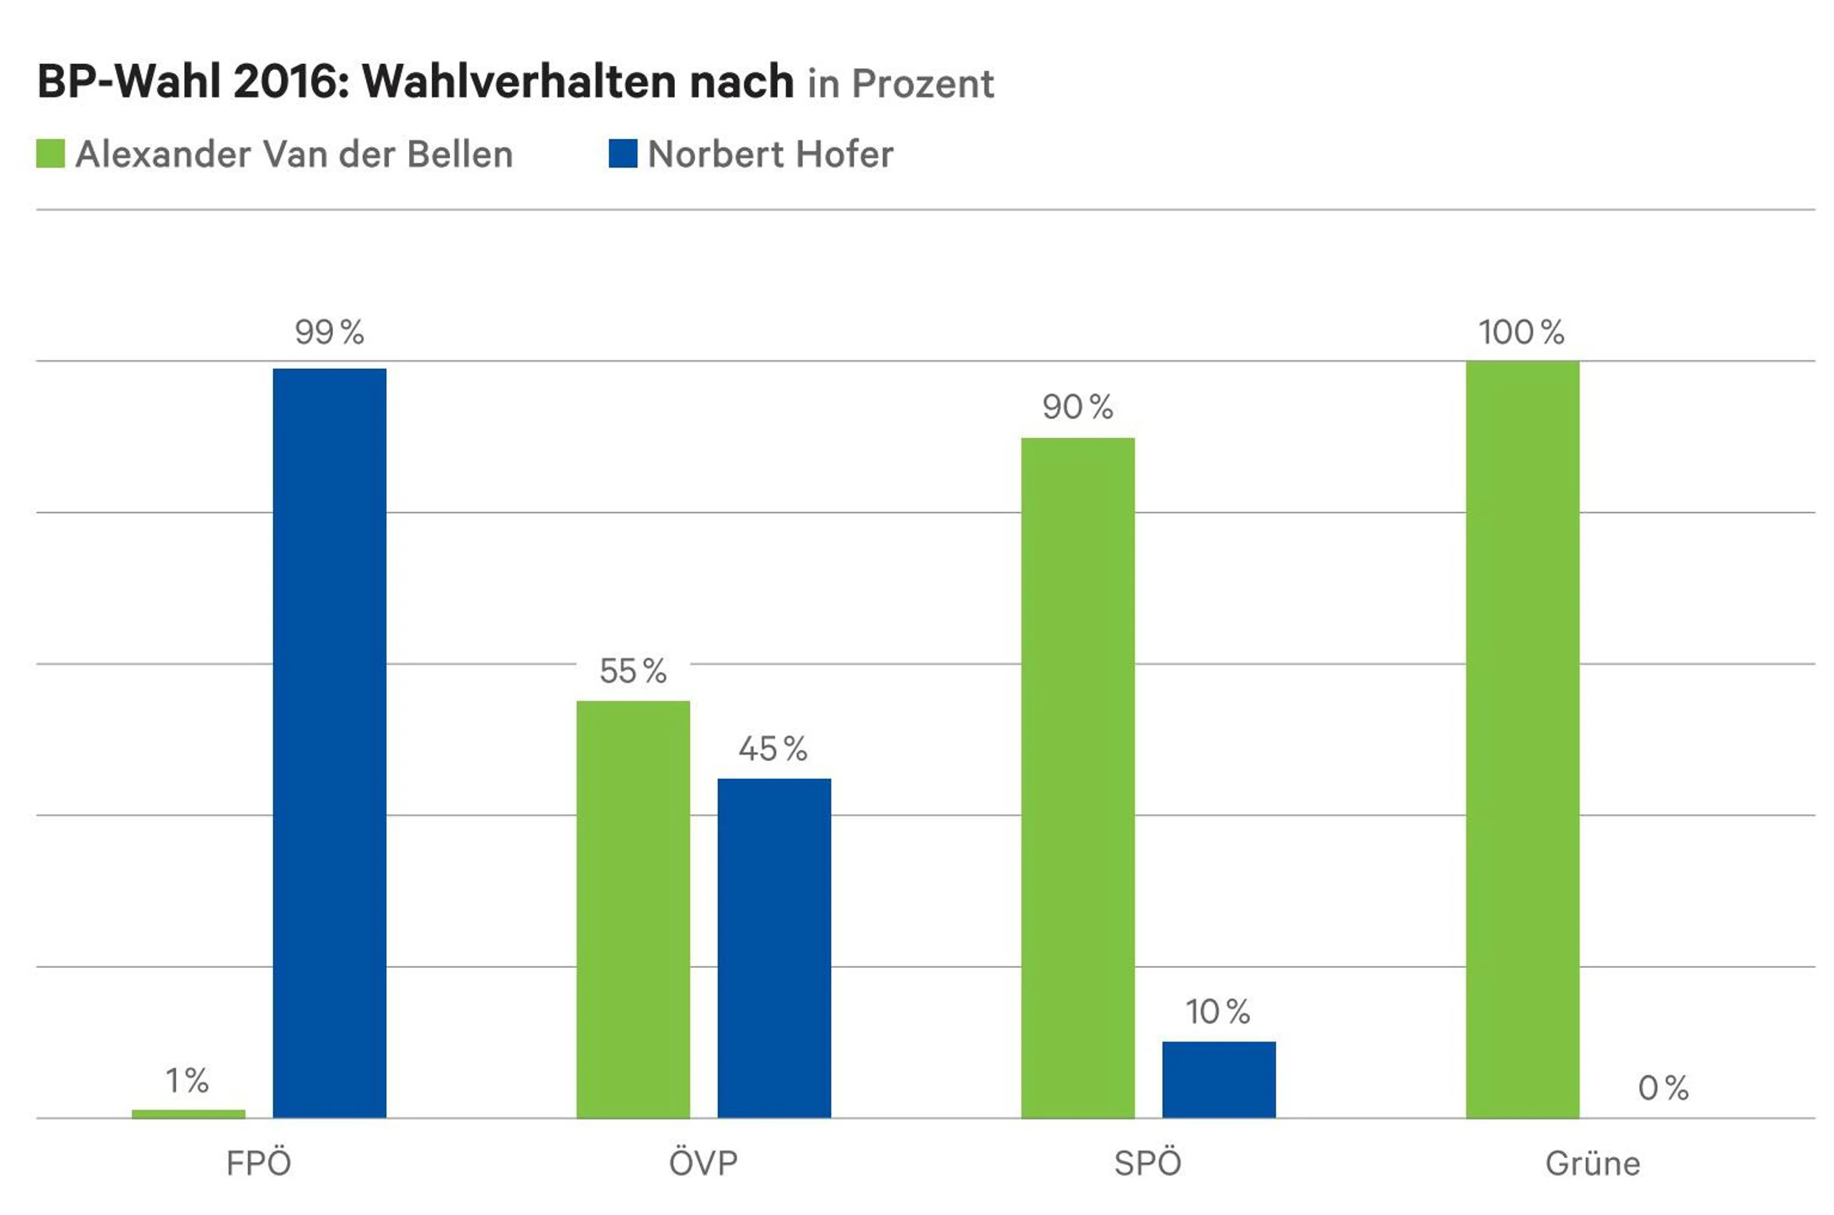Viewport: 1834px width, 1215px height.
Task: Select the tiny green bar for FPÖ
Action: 188,1113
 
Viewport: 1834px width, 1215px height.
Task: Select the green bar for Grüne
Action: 1522,739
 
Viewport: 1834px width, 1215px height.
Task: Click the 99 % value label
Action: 330,332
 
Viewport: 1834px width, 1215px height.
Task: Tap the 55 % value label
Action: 633,671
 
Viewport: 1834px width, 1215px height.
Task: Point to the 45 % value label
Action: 773,749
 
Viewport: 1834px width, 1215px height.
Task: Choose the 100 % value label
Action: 1522,332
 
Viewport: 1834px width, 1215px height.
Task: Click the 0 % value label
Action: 1663,1088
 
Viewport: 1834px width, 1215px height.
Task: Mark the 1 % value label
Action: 188,1080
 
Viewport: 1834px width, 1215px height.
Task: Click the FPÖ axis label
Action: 259,1163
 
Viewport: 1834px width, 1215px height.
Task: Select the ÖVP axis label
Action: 704,1163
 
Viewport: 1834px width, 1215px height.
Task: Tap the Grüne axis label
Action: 1593,1164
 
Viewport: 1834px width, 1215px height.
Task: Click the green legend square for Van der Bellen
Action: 50,153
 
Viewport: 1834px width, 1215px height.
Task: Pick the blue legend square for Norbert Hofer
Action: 623,153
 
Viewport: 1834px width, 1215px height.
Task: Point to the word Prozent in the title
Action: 923,84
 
